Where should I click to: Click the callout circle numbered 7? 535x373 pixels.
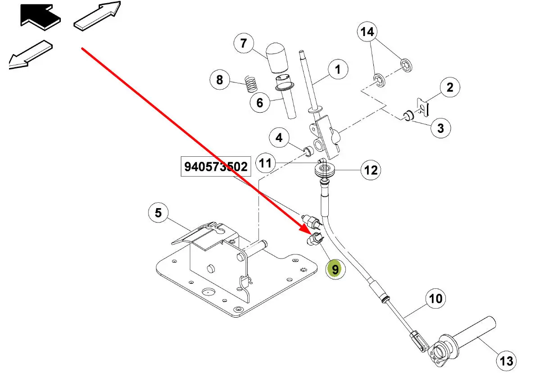point(244,44)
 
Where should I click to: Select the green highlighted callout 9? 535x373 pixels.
point(335,269)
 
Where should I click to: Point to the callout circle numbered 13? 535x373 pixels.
point(506,360)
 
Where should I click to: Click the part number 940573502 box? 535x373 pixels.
point(216,167)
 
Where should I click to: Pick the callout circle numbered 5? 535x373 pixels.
point(158,212)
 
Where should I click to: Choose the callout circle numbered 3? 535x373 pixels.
point(440,128)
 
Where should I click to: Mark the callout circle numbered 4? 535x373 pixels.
point(279,137)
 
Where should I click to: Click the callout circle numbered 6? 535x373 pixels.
point(260,103)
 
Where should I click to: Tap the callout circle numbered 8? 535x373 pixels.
point(219,80)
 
